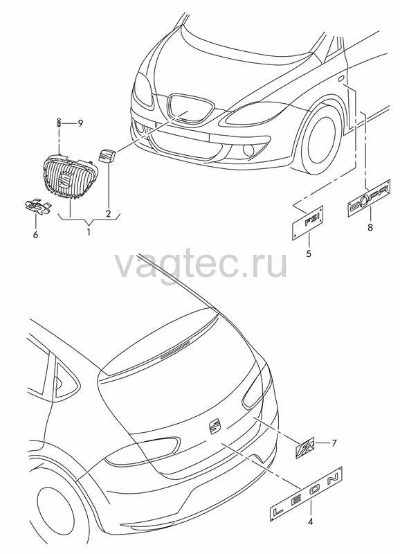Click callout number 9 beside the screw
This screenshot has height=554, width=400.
tap(80, 123)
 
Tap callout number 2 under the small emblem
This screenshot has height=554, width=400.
tap(109, 214)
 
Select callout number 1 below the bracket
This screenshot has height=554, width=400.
tap(89, 233)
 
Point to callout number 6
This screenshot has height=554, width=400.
tap(35, 234)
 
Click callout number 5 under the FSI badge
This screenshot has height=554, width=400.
tap(309, 253)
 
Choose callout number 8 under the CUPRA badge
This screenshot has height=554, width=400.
tap(370, 227)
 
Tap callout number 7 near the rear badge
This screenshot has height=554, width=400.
tap(334, 443)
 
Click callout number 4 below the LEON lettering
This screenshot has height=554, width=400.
tap(311, 521)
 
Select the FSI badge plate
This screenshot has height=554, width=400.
tap(308, 222)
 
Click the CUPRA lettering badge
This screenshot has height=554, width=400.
tap(370, 198)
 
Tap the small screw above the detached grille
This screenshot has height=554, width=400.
tap(59, 123)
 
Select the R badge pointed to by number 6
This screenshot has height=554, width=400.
tap(38, 206)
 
